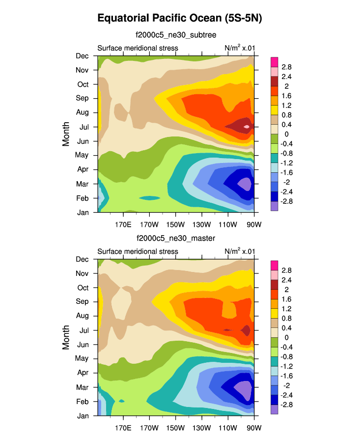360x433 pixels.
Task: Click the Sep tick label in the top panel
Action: pos(82,98)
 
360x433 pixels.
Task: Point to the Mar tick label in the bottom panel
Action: pos(82,387)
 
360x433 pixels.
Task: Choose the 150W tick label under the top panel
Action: pos(175,225)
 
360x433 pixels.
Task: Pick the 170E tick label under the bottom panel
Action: pos(123,429)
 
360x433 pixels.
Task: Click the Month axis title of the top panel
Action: pos(66,134)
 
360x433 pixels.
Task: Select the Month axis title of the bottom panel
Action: pos(66,337)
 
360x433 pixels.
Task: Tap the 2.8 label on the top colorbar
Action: pos(287,67)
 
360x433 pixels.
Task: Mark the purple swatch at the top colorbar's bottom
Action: pos(275,206)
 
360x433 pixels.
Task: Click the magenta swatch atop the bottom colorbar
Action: pos(275,265)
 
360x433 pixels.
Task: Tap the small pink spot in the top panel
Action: pos(247,127)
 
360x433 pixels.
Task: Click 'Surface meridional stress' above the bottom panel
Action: pos(138,251)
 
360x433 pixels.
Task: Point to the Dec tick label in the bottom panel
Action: pos(82,259)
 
